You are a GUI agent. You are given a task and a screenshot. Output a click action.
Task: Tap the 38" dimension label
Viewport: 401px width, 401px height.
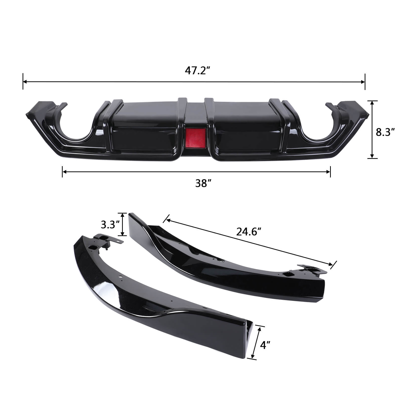pyautogui.click(x=202, y=184)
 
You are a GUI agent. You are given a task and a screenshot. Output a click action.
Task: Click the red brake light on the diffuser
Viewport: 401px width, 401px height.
pyautogui.click(x=192, y=138)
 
